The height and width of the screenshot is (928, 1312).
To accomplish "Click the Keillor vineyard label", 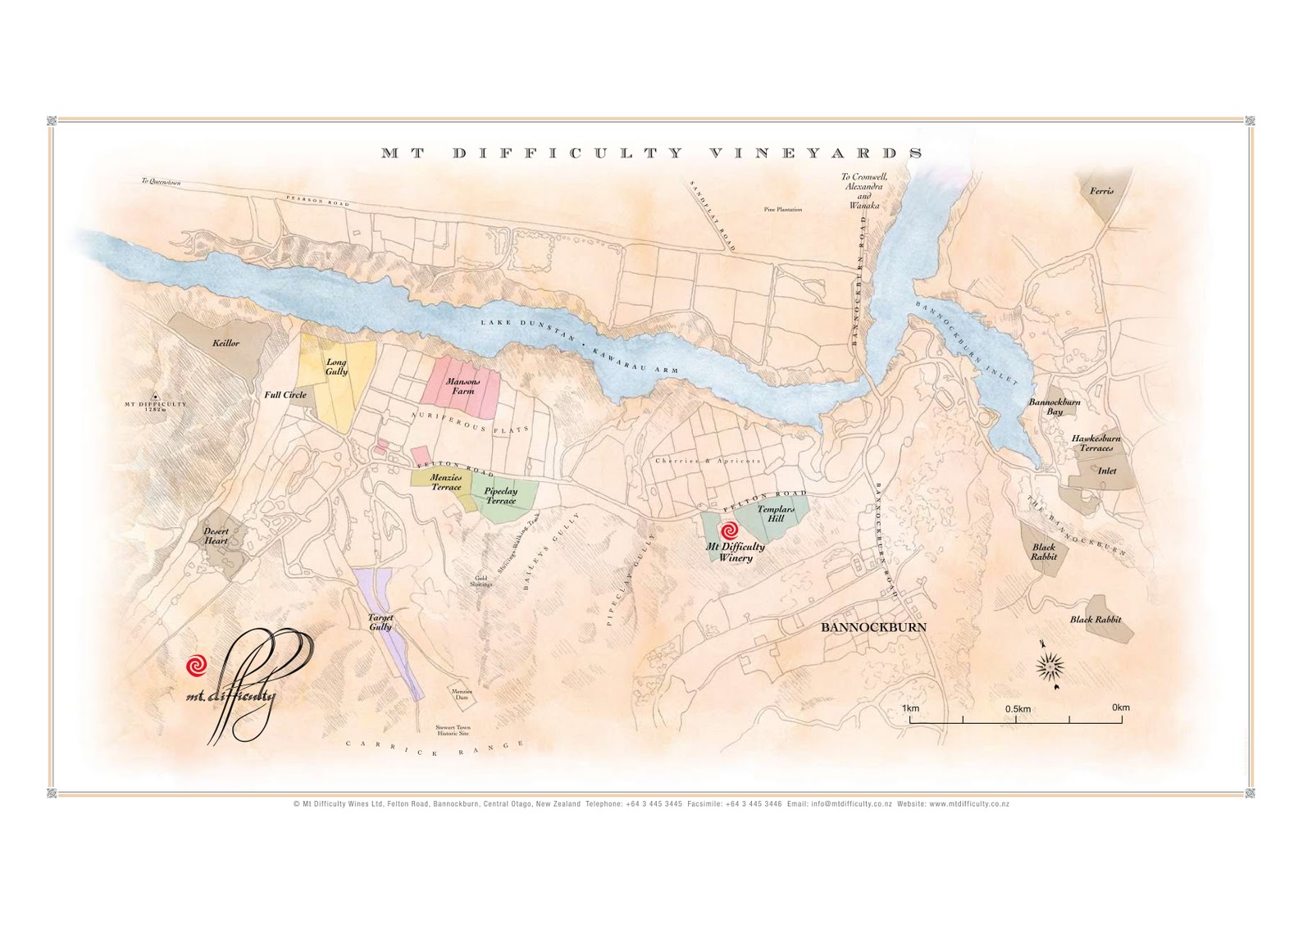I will coord(225,343).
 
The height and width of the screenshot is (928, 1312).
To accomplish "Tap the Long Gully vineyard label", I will coord(336,366).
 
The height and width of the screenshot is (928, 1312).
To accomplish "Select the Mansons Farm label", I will coord(462,386).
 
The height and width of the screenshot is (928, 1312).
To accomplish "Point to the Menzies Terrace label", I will coord(446,482).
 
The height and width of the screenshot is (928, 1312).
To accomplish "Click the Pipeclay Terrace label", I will coord(500,496).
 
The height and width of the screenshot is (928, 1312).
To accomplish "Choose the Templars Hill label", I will coord(775,513).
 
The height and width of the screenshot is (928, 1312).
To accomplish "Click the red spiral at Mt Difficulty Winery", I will coord(728,531).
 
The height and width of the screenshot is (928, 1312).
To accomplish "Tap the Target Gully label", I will coord(380,622).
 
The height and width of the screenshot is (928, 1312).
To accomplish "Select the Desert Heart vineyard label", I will coord(216,535).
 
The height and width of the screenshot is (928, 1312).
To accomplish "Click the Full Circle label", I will coord(285,394).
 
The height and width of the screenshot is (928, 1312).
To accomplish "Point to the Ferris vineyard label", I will coord(1101,191).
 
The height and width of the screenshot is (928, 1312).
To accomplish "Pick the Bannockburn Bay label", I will coord(1055,407).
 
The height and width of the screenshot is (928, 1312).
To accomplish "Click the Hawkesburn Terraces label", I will coord(1096,443).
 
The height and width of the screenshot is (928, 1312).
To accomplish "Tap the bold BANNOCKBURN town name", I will coord(873,627).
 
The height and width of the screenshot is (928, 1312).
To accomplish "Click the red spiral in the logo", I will coord(196,666).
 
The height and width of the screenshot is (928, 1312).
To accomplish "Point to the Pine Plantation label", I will coord(782,210).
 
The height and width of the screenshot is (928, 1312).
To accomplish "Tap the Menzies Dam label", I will coord(462,694).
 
